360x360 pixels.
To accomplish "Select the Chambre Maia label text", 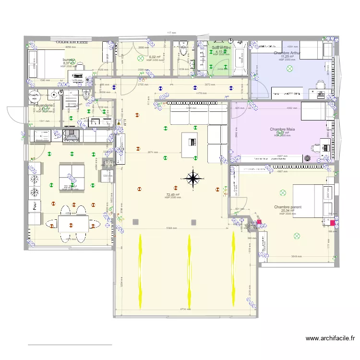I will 282,129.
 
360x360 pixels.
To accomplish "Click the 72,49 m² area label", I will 173,194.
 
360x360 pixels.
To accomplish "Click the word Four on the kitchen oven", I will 35,206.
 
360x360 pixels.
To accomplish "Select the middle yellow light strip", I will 188,272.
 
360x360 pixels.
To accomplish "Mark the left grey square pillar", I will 136,221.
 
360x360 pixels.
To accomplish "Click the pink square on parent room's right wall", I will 333,223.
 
